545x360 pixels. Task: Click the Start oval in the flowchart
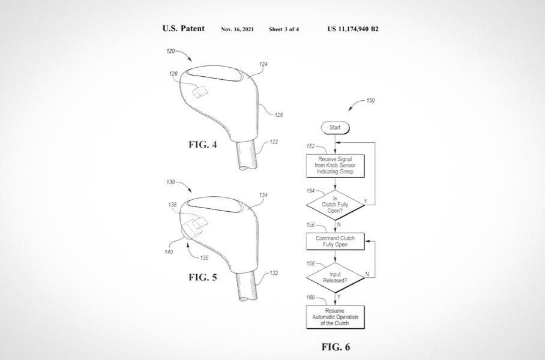[335, 128]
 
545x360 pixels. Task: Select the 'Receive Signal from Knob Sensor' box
[336, 165]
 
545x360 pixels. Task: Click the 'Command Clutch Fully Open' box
[336, 241]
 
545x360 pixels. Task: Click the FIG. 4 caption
[203, 145]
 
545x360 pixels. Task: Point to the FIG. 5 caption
[203, 277]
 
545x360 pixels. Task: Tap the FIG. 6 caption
[336, 347]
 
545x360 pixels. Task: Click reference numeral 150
[370, 101]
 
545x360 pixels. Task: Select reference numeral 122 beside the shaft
[274, 142]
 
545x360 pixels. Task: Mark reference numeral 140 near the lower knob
[169, 252]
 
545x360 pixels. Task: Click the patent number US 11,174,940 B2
[353, 29]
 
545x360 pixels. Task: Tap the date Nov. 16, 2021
[237, 29]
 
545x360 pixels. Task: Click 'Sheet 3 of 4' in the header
[284, 29]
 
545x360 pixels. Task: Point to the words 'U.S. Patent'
[183, 29]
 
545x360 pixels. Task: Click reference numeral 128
[279, 115]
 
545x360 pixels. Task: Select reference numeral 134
[263, 195]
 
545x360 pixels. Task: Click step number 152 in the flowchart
[311, 145]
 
